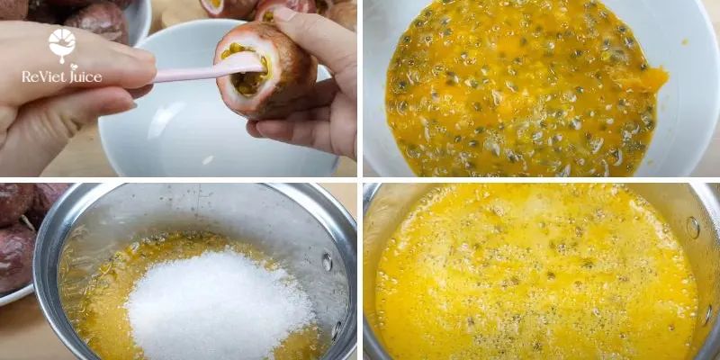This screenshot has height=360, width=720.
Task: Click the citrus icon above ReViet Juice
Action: coord(62,44)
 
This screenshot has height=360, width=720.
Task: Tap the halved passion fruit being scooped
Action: coord(265,70)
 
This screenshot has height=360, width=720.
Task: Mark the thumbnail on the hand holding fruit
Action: coord(285,14)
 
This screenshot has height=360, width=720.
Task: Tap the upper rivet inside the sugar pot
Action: coord(327,262)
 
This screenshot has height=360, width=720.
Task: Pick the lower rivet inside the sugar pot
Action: coord(337,330)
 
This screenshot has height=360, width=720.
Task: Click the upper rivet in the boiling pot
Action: coord(693,228)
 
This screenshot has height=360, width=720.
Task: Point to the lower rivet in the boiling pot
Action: coord(707,315)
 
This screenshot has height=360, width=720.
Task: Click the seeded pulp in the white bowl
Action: coord(524,92)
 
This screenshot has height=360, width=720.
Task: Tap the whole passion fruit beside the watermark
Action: coord(96,23)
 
